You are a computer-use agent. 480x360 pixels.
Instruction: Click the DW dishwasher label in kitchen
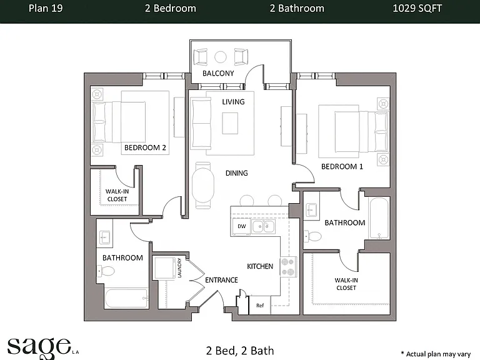click(x=241, y=226)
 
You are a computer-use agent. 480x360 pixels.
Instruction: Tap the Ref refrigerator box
click(x=260, y=305)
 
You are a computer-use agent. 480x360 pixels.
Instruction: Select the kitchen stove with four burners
click(x=288, y=267)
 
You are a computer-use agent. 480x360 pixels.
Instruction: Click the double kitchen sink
click(x=263, y=226)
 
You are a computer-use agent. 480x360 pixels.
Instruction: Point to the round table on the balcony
click(x=221, y=57)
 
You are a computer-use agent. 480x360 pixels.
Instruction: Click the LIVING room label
click(x=233, y=102)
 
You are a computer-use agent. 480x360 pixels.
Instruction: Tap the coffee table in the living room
click(x=230, y=123)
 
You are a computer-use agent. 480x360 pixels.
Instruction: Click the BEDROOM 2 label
click(x=145, y=147)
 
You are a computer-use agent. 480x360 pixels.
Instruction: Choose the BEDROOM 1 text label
click(x=342, y=166)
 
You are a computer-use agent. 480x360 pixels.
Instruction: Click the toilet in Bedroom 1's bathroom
click(x=314, y=236)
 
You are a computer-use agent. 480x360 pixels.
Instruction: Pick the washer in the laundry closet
click(x=165, y=268)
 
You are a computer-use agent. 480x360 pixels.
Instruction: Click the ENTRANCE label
click(x=221, y=280)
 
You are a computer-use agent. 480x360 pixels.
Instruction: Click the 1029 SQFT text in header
click(x=417, y=8)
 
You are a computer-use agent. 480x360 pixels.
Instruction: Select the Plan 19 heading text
click(x=46, y=8)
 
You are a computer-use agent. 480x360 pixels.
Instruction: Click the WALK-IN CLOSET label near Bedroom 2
click(x=117, y=195)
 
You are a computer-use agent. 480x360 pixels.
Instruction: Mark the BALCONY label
click(x=218, y=73)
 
